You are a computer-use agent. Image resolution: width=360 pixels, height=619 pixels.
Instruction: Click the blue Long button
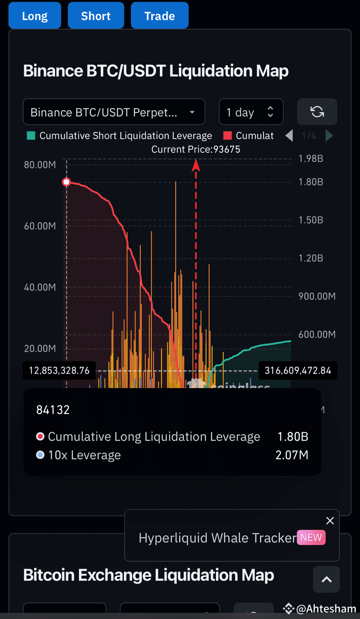35,16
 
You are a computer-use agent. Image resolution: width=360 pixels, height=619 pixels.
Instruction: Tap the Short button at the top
96,16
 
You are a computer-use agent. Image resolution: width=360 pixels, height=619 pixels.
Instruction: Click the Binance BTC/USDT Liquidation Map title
156,71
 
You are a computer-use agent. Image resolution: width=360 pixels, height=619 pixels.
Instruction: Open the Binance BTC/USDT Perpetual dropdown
113,112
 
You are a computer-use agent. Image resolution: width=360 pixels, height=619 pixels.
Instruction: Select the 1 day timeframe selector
251,112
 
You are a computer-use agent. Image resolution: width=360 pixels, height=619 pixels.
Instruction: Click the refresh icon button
317,112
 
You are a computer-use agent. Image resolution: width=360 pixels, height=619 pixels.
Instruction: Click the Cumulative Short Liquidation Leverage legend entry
120,136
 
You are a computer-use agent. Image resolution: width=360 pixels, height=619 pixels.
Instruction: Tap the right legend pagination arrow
329,136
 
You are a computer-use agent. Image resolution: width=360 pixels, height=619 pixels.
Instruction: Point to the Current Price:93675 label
196,149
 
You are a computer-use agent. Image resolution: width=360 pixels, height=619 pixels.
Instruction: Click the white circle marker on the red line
67,182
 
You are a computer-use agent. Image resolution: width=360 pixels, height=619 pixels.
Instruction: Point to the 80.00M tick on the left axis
40,165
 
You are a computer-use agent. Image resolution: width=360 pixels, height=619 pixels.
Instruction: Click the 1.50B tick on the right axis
310,220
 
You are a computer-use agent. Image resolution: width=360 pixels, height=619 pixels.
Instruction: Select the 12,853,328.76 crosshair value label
59,371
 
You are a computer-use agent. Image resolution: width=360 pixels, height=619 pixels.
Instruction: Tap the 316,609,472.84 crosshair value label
298,371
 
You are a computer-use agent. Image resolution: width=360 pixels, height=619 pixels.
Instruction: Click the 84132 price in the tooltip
53,410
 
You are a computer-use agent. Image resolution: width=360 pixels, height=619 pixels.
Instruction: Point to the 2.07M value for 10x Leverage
292,455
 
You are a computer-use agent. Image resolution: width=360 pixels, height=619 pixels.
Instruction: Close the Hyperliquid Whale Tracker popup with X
330,521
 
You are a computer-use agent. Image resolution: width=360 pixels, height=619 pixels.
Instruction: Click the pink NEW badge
311,538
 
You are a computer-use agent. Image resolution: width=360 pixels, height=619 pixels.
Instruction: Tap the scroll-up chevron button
327,579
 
